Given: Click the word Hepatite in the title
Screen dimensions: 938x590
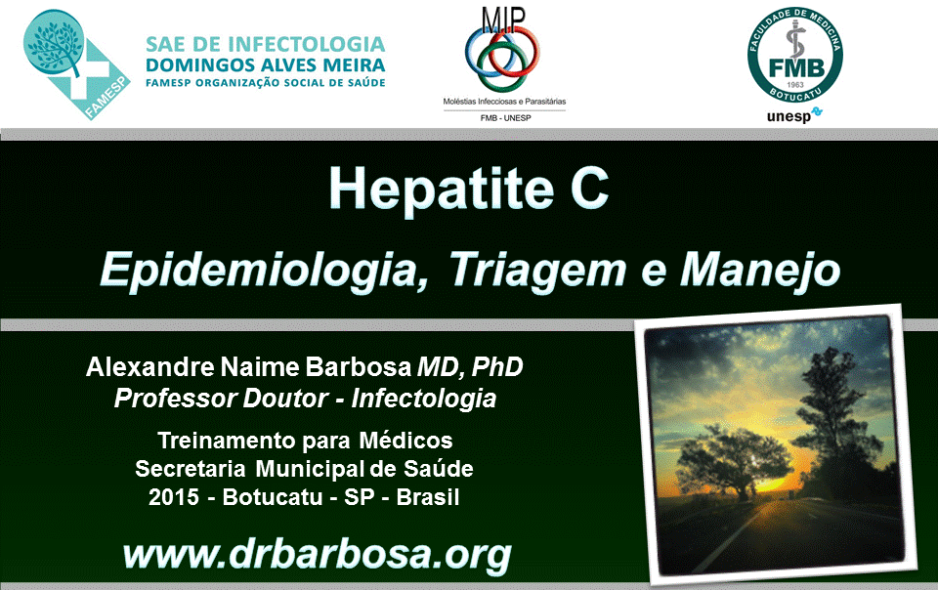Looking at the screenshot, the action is point(442,190).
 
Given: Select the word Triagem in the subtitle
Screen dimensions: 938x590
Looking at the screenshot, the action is point(537,271).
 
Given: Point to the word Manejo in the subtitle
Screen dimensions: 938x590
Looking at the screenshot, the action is point(760,271).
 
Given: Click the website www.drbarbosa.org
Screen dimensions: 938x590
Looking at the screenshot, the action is point(317,556).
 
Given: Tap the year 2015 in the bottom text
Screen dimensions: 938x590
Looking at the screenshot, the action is point(174,497).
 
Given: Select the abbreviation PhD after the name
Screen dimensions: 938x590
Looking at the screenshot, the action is point(497,367).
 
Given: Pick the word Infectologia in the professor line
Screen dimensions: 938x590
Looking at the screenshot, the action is point(423,399).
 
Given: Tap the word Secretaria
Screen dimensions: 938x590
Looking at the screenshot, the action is point(191,469).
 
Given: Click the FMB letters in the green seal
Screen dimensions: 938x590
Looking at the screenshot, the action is point(795,67).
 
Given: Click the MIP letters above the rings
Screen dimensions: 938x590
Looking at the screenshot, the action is point(503,21).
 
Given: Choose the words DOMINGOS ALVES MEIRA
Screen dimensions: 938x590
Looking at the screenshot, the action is point(265,64).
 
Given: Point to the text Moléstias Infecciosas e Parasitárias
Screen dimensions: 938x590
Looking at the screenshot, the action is point(504,102).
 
